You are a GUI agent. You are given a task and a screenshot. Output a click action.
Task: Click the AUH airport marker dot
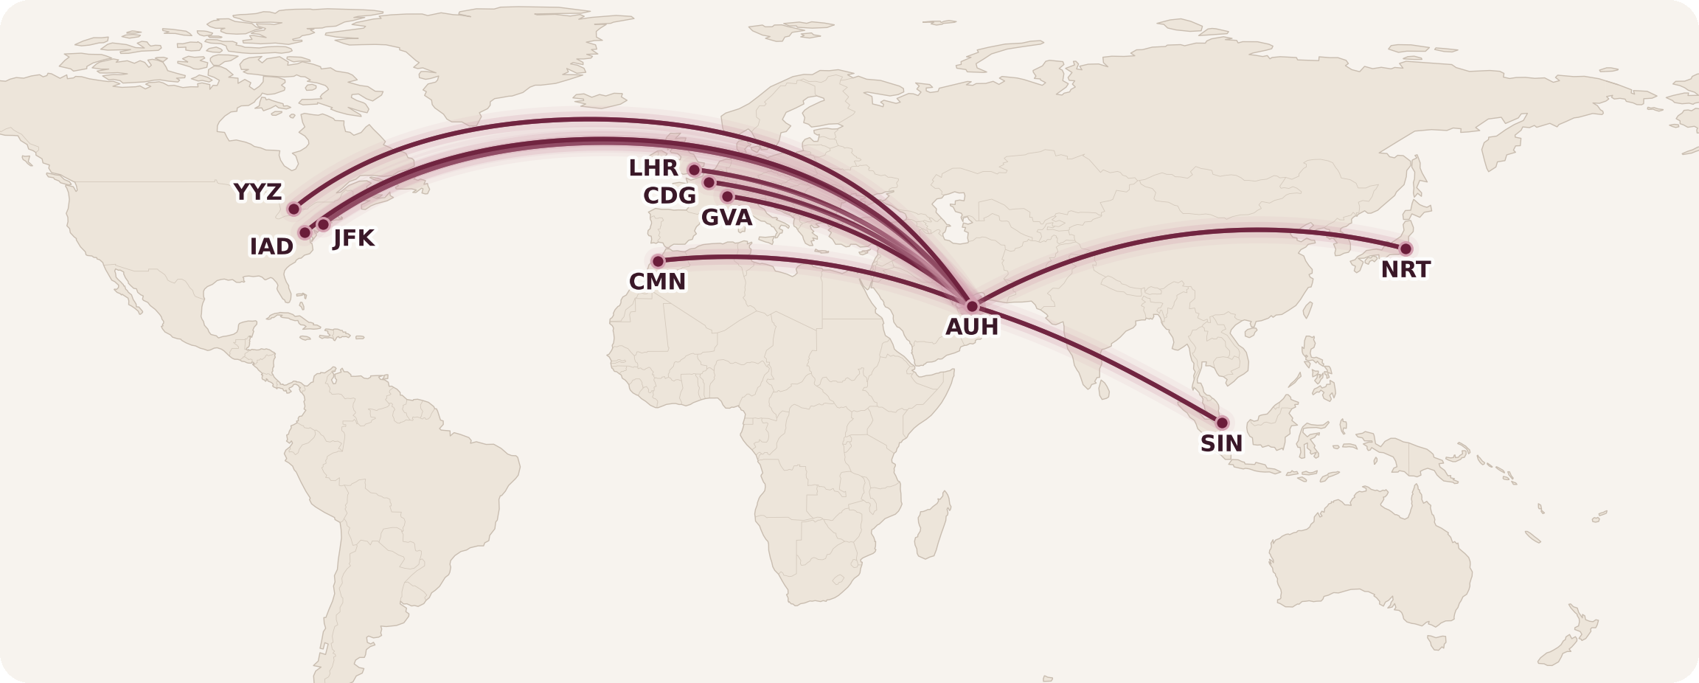coord(972,306)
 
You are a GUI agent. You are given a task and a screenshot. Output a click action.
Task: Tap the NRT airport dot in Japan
coord(1406,249)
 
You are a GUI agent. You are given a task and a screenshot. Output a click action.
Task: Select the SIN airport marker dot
coord(1222,423)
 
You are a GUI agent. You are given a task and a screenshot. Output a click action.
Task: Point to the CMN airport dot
coord(658,261)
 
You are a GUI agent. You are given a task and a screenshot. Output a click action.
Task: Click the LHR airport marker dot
coord(694,170)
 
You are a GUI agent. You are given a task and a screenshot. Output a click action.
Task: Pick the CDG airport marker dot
coord(709,182)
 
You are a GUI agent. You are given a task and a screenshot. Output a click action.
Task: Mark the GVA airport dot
coord(727,196)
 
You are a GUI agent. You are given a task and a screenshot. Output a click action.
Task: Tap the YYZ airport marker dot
coord(293,209)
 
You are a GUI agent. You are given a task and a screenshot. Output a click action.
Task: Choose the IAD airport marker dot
coord(305,233)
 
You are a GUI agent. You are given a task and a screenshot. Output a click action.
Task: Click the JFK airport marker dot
coord(323,224)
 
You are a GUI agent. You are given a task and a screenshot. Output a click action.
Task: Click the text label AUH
coord(972,327)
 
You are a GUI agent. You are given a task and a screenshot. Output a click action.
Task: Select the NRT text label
coord(1406,270)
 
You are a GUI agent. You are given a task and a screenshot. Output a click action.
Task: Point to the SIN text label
coord(1221,443)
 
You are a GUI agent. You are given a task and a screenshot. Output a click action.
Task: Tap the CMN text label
coord(657,282)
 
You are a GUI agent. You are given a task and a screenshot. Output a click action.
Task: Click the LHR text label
coord(653,168)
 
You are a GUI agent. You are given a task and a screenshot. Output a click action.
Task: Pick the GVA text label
coord(726,218)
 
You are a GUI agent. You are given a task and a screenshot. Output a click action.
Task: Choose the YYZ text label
coord(258,192)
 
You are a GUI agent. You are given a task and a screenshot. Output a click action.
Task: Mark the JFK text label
coord(354,238)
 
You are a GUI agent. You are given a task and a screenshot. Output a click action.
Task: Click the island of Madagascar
coord(931,527)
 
